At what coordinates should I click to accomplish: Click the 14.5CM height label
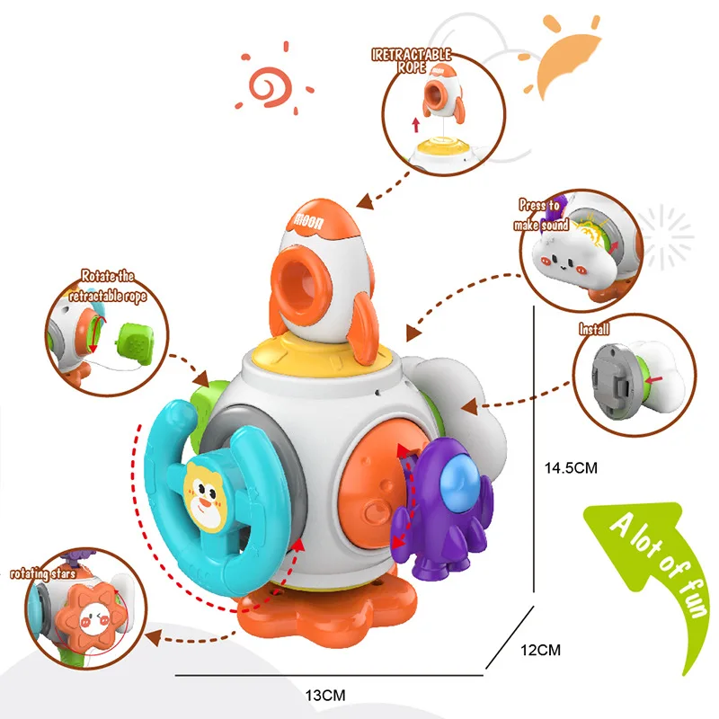click(571, 467)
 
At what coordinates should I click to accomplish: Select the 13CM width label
click(325, 693)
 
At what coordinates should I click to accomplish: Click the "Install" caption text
click(593, 330)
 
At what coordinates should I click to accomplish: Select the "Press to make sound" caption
click(542, 216)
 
